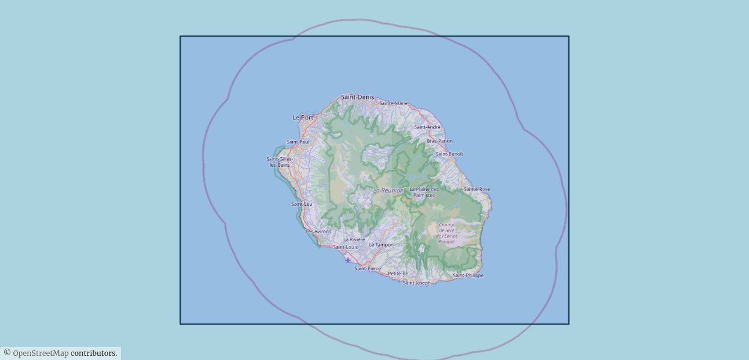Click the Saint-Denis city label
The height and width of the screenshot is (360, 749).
click(x=357, y=97)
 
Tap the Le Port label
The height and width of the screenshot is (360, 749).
click(x=303, y=118)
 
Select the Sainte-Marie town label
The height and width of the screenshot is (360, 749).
click(x=393, y=103)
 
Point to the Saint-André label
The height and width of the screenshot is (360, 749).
click(x=427, y=127)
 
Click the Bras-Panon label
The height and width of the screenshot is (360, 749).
click(x=440, y=141)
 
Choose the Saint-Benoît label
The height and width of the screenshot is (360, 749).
click(x=450, y=154)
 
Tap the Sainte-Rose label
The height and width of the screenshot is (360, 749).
click(x=477, y=189)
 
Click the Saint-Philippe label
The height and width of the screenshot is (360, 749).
click(x=468, y=275)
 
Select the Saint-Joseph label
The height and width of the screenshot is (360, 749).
click(x=417, y=283)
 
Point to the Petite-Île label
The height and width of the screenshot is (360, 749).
click(x=398, y=274)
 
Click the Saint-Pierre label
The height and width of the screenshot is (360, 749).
click(x=368, y=269)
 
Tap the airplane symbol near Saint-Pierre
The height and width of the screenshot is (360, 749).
click(x=348, y=260)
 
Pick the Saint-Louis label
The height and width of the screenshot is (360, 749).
click(x=346, y=247)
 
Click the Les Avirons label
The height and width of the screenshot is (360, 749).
click(x=318, y=232)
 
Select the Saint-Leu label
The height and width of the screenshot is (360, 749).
click(x=302, y=204)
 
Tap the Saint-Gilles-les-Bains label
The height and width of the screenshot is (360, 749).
click(x=280, y=162)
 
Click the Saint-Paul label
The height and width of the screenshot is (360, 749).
click(x=298, y=142)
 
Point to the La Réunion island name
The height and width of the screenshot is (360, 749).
click(x=389, y=191)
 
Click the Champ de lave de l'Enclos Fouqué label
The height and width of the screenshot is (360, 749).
click(x=447, y=233)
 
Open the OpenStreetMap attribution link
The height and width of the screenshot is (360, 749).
click(x=41, y=353)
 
